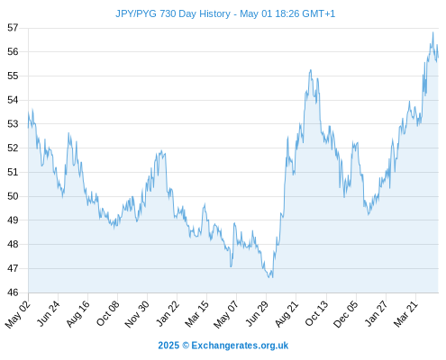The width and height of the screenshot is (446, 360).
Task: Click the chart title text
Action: click(x=225, y=13)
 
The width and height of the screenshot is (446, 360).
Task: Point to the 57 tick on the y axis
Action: click(x=13, y=28)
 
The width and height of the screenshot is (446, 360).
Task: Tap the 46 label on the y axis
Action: click(x=13, y=292)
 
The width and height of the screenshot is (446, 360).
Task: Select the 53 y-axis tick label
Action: click(x=13, y=124)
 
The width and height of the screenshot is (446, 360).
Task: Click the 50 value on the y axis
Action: click(x=13, y=196)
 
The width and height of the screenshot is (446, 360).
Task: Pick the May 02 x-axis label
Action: click(x=18, y=314)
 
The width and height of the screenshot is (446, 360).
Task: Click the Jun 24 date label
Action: click(x=49, y=313)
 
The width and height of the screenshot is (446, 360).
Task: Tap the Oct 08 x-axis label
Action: click(x=108, y=313)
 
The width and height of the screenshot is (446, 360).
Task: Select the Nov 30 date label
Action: click(x=137, y=314)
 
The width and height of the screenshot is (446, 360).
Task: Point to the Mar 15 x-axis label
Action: click(x=196, y=313)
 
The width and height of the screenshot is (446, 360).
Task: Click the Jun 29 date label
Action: click(x=257, y=313)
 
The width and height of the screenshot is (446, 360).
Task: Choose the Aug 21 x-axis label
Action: click(x=287, y=313)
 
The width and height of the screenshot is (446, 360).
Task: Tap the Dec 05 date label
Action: click(x=346, y=314)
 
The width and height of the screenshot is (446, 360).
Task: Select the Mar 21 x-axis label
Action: click(x=405, y=313)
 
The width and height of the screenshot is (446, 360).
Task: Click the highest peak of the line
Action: click(x=432, y=32)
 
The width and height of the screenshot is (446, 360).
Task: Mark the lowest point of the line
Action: click(x=269, y=277)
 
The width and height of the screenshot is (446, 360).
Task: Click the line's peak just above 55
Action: click(x=311, y=70)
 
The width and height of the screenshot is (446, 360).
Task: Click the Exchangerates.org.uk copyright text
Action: click(x=240, y=346)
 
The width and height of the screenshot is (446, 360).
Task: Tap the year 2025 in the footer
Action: click(x=168, y=346)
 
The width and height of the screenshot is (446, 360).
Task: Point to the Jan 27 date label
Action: click(x=376, y=313)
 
